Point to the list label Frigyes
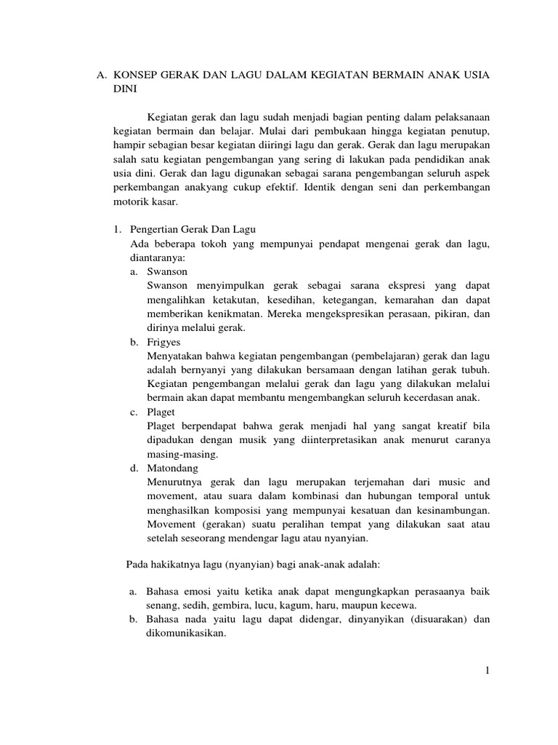point(163,342)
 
